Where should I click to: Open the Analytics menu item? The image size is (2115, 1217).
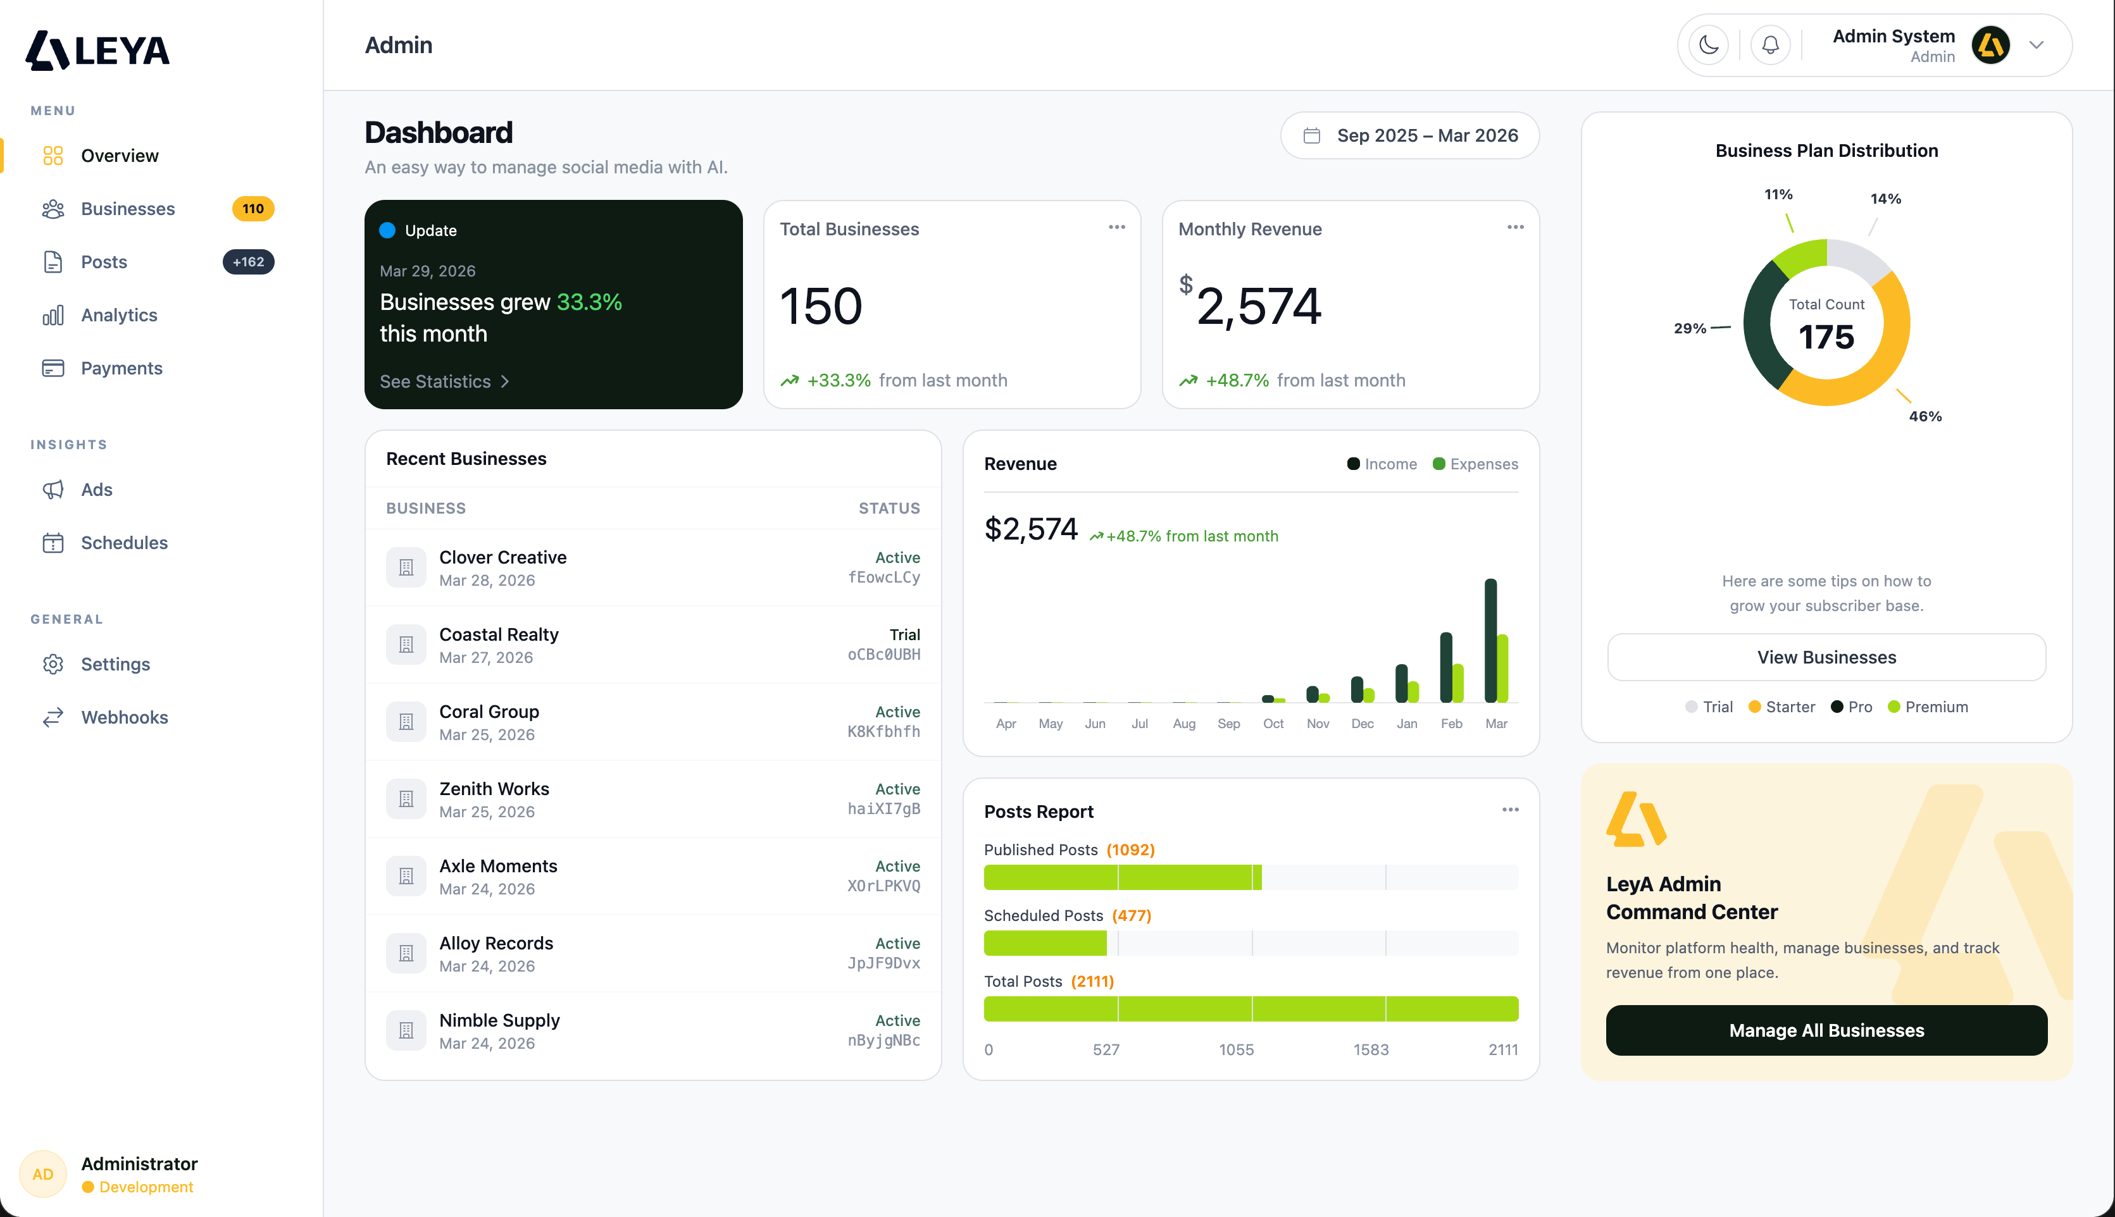tap(119, 315)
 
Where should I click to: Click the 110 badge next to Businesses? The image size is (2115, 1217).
tap(253, 209)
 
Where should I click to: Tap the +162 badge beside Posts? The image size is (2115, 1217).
tap(248, 262)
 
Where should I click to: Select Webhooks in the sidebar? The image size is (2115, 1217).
tap(124, 717)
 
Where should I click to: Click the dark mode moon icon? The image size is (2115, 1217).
tap(1709, 45)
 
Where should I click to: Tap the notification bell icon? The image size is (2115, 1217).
tap(1771, 45)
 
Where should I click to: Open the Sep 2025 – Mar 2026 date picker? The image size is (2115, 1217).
tap(1409, 135)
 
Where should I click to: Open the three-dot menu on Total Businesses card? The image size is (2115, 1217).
tap(1116, 227)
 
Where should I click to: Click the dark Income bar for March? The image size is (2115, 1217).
tap(1490, 639)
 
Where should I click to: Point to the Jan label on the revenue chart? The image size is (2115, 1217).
tap(1407, 724)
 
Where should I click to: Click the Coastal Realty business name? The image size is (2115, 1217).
tap(499, 634)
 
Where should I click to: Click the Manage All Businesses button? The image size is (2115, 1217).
tap(1826, 1030)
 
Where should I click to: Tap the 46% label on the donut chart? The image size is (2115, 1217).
tap(1925, 416)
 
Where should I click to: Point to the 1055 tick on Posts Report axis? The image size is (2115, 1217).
tap(1236, 1050)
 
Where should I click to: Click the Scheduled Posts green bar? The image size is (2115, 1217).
tap(1045, 944)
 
